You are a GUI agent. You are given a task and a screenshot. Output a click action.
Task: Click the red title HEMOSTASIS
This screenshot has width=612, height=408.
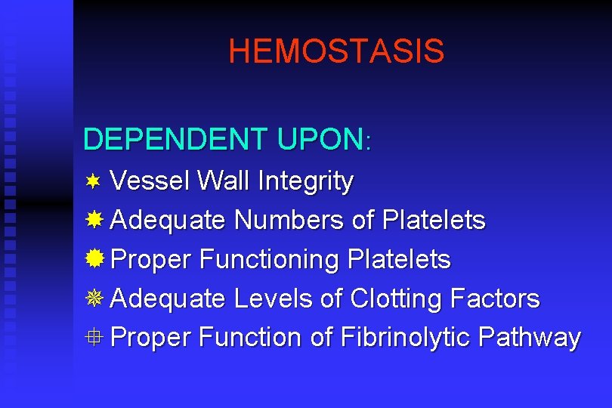pyautogui.click(x=336, y=51)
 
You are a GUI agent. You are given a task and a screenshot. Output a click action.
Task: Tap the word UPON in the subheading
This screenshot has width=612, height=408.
pyautogui.click(x=320, y=139)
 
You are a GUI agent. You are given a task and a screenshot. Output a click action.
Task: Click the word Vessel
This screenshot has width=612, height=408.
pyautogui.click(x=150, y=181)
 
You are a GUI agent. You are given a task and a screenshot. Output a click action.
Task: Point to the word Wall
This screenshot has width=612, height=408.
pyautogui.click(x=223, y=181)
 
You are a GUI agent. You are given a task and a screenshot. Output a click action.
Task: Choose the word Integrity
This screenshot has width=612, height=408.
pyautogui.click(x=305, y=182)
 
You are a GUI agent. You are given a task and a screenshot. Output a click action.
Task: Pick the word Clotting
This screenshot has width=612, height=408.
pyautogui.click(x=397, y=299)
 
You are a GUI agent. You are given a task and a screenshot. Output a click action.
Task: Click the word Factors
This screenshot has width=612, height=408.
pyautogui.click(x=495, y=298)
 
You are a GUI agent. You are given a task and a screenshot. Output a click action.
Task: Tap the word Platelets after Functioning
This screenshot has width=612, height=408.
pyautogui.click(x=399, y=259)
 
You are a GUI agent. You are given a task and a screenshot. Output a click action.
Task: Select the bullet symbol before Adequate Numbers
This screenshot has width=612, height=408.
pyautogui.click(x=94, y=220)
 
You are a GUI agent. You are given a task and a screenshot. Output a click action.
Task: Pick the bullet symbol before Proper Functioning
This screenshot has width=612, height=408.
pyautogui.click(x=94, y=259)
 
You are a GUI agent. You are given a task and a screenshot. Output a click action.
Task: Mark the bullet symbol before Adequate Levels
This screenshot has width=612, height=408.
pyautogui.click(x=94, y=298)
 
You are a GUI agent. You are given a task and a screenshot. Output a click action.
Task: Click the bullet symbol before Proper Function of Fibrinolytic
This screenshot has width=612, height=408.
pyautogui.click(x=94, y=337)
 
